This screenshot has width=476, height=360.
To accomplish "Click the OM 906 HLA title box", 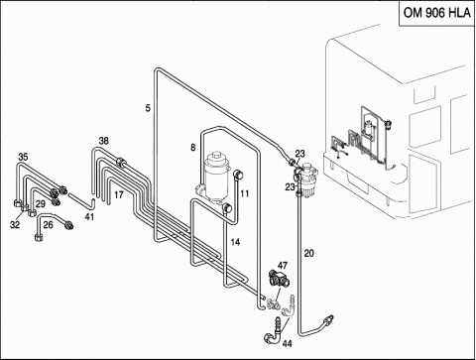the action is (x=437, y=13).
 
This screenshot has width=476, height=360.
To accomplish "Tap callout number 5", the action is (x=148, y=108).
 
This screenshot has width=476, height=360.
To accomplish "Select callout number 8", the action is (x=193, y=147).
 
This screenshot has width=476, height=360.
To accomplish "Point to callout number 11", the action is (x=244, y=193).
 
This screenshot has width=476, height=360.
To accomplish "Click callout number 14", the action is (x=235, y=242).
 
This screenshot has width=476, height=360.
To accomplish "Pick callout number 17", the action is (x=119, y=195).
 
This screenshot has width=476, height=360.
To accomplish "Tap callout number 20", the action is (x=308, y=254).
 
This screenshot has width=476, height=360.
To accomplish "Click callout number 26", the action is (x=48, y=225).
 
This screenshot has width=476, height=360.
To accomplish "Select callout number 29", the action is (x=41, y=204).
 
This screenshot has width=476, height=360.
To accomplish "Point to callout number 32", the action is (x=15, y=225).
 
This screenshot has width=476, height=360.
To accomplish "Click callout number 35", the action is (x=23, y=157).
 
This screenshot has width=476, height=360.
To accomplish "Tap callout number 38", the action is (x=104, y=141).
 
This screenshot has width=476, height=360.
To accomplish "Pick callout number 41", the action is (x=89, y=217).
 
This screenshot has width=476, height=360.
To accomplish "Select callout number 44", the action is (x=287, y=344).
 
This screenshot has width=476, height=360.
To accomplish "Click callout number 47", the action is (x=283, y=265).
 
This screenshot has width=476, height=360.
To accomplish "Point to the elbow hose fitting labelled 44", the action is (x=274, y=331).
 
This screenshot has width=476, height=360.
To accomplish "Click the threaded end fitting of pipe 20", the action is (x=328, y=319).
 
